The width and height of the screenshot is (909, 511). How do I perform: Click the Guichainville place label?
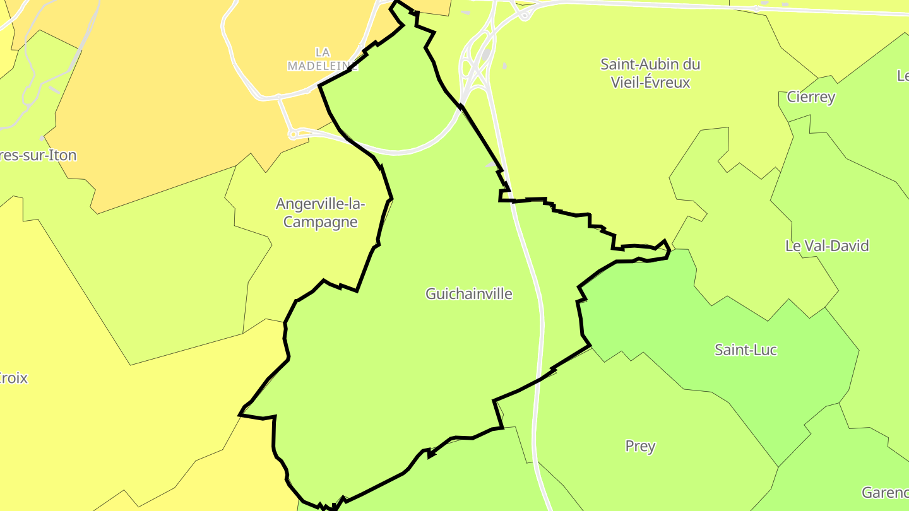click(x=469, y=294)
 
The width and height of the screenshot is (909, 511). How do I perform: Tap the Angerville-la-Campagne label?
click(x=321, y=213)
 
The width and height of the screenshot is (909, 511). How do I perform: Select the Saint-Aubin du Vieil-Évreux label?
click(x=650, y=73)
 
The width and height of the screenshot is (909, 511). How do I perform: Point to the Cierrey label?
click(x=811, y=97)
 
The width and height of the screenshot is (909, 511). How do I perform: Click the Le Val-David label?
click(x=827, y=246)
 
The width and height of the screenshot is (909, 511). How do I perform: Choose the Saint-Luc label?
click(x=746, y=349)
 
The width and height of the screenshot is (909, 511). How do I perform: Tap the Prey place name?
click(x=640, y=446)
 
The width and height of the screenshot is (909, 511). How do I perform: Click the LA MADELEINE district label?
click(x=323, y=59)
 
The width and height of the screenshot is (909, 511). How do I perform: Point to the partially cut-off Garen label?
click(x=885, y=492)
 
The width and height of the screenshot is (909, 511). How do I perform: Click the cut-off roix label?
click(x=14, y=379)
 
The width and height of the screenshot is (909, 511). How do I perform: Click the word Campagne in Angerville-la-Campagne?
click(x=321, y=222)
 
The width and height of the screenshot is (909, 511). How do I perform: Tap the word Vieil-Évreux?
click(x=651, y=83)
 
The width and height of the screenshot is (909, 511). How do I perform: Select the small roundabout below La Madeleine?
click(x=293, y=134)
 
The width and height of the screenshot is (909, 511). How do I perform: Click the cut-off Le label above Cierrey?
click(x=903, y=76)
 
